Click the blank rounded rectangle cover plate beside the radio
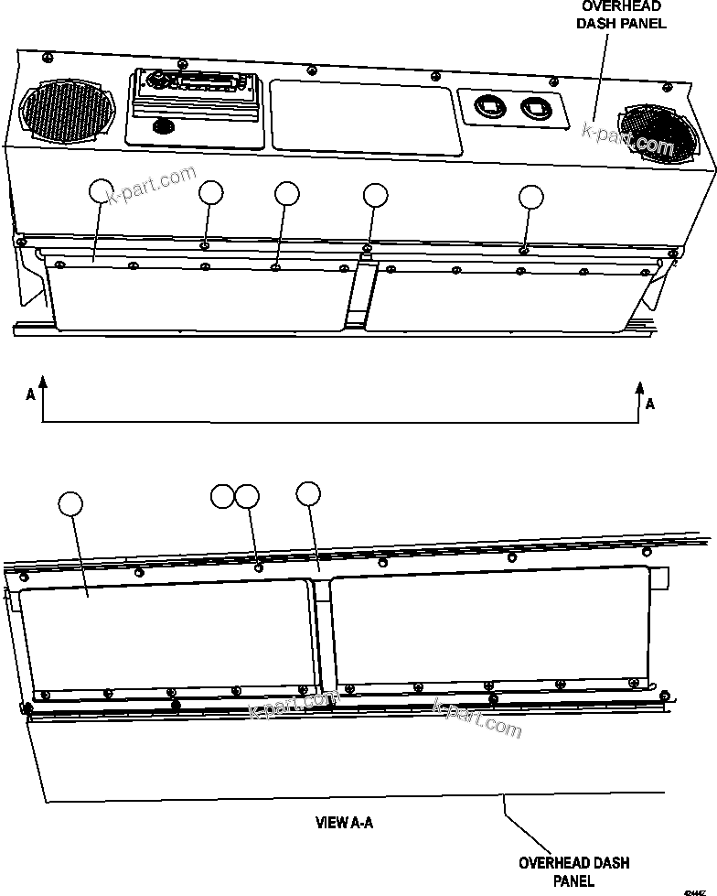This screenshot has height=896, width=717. coord(362,114)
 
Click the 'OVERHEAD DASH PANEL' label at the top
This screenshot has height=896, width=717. coord(621,16)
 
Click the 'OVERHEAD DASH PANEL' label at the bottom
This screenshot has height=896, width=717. coord(574,871)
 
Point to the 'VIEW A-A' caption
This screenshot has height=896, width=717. coord(344,823)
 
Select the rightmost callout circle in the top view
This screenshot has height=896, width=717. coord(530,196)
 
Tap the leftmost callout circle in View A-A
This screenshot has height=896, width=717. coord(70,503)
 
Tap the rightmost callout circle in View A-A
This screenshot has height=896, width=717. coord(309,493)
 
